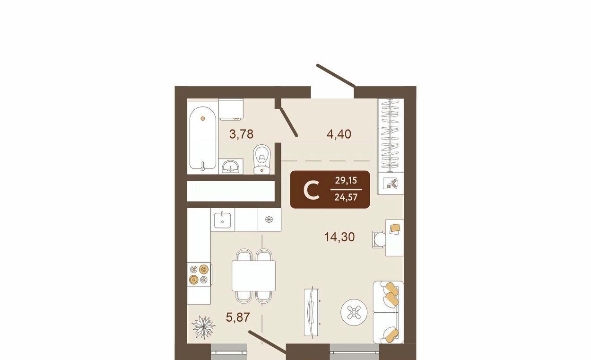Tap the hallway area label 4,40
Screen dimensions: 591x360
click(x=339, y=134)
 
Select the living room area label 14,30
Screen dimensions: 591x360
click(x=339, y=237)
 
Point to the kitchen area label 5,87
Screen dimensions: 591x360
click(x=238, y=317)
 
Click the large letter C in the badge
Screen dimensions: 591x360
click(x=312, y=190)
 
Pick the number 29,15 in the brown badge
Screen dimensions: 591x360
click(x=346, y=181)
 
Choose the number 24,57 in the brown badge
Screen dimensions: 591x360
click(x=346, y=197)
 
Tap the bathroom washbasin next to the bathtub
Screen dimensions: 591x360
click(x=231, y=167)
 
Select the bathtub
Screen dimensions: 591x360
click(x=203, y=138)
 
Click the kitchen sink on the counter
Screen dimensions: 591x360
click(x=222, y=220)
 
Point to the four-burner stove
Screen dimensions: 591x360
click(x=199, y=274)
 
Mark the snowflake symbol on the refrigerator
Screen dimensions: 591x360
click(x=269, y=219)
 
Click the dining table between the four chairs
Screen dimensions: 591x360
click(x=254, y=275)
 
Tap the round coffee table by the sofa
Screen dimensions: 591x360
click(x=354, y=312)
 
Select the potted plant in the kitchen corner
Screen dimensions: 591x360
click(x=203, y=327)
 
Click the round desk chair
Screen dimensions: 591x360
click(x=380, y=239)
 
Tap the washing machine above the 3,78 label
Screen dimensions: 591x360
click(x=231, y=109)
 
